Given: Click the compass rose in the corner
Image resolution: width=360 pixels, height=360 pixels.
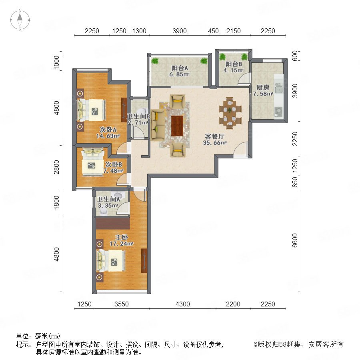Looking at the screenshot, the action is tap(20, 20).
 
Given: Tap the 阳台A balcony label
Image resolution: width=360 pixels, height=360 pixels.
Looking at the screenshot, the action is tap(180, 68).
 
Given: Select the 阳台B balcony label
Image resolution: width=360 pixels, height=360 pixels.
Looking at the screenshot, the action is tap(234, 64).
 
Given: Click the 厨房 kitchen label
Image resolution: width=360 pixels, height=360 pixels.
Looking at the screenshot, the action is tap(263, 88).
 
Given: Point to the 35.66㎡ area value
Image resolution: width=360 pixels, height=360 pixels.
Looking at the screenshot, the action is tap(215, 142).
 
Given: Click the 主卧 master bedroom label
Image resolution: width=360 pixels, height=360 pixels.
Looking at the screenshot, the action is tap(122, 237).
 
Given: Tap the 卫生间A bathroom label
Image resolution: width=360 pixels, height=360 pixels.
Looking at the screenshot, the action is tap(108, 199).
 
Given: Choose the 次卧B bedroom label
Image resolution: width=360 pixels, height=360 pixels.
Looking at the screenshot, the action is tap(114, 164).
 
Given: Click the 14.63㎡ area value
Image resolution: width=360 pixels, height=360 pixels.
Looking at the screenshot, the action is tap(108, 136).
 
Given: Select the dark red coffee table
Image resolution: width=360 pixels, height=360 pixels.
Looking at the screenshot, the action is tap(177, 126).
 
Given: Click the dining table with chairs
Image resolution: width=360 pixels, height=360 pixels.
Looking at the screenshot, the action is tap(230, 113).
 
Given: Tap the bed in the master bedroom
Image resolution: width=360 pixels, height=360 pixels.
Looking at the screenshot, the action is tap(111, 260).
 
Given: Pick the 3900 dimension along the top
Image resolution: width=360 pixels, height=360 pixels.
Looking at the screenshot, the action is tap(180, 31).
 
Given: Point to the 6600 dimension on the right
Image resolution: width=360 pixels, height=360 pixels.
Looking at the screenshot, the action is tap(295, 240).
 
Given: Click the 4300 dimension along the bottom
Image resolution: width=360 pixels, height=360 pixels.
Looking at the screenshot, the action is tap(183, 304).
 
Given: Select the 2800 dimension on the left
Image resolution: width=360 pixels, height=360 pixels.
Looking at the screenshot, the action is tap(56, 167).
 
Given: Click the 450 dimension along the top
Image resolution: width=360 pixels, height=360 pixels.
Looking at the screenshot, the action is tap(213, 31).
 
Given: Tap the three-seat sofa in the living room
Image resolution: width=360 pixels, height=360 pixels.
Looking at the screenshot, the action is tap(158, 125).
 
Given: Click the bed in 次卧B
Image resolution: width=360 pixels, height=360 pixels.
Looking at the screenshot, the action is tap(93, 162).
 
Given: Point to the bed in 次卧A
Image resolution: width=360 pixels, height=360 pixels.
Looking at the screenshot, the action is tap(91, 110).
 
